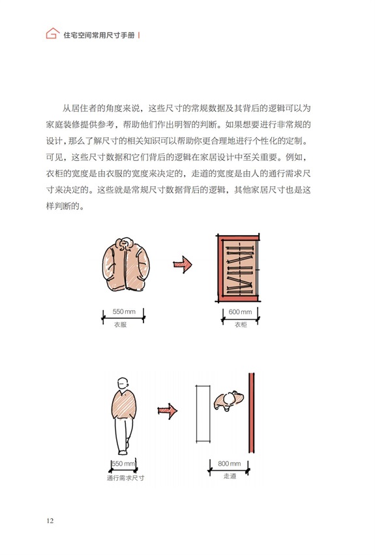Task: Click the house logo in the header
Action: click(52, 33)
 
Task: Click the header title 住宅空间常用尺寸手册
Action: click(99, 35)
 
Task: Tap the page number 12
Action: click(50, 520)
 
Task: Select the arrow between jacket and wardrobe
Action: click(183, 264)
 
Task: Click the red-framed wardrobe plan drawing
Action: click(238, 268)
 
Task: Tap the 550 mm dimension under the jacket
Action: click(124, 311)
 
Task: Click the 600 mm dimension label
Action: click(240, 312)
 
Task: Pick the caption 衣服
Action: click(120, 325)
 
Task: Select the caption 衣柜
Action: click(241, 325)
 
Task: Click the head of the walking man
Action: click(123, 384)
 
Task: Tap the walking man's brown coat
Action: click(124, 405)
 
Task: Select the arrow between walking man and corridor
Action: click(168, 411)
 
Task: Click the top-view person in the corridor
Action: click(228, 401)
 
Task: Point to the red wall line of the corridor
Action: click(251, 413)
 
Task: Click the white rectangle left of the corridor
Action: click(203, 414)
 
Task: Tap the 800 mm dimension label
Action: click(229, 464)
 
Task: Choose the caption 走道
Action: click(230, 477)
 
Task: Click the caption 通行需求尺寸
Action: click(125, 478)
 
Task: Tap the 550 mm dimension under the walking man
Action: click(123, 464)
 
